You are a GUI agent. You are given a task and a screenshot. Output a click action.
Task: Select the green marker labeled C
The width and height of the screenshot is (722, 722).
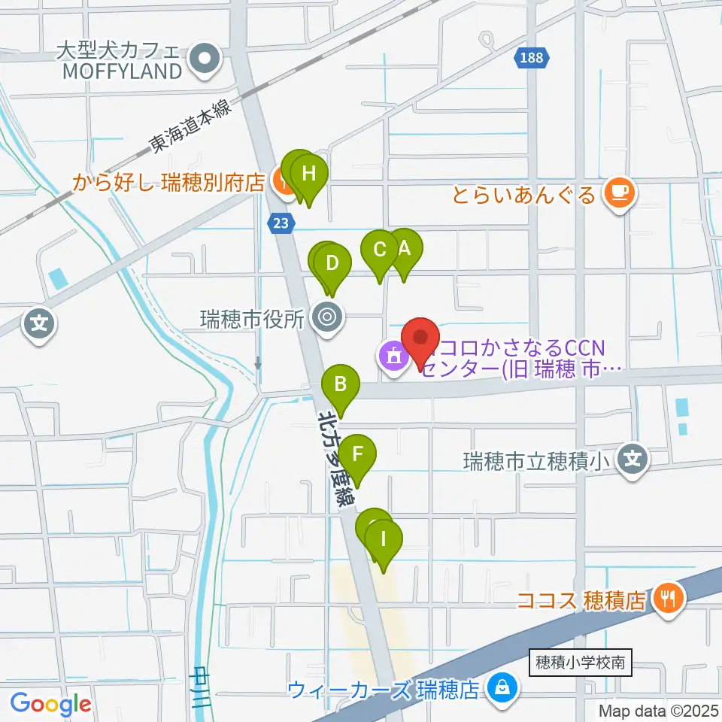[x=380, y=250]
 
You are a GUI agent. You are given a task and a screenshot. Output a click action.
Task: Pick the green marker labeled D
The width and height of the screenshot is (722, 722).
[x=332, y=264]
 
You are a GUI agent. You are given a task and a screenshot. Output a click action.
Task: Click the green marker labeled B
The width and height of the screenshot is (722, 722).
[x=341, y=385]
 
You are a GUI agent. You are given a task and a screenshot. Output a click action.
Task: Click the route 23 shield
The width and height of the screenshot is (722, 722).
[x=281, y=223]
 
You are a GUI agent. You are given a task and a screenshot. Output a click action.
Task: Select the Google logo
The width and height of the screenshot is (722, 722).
[x=50, y=704]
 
